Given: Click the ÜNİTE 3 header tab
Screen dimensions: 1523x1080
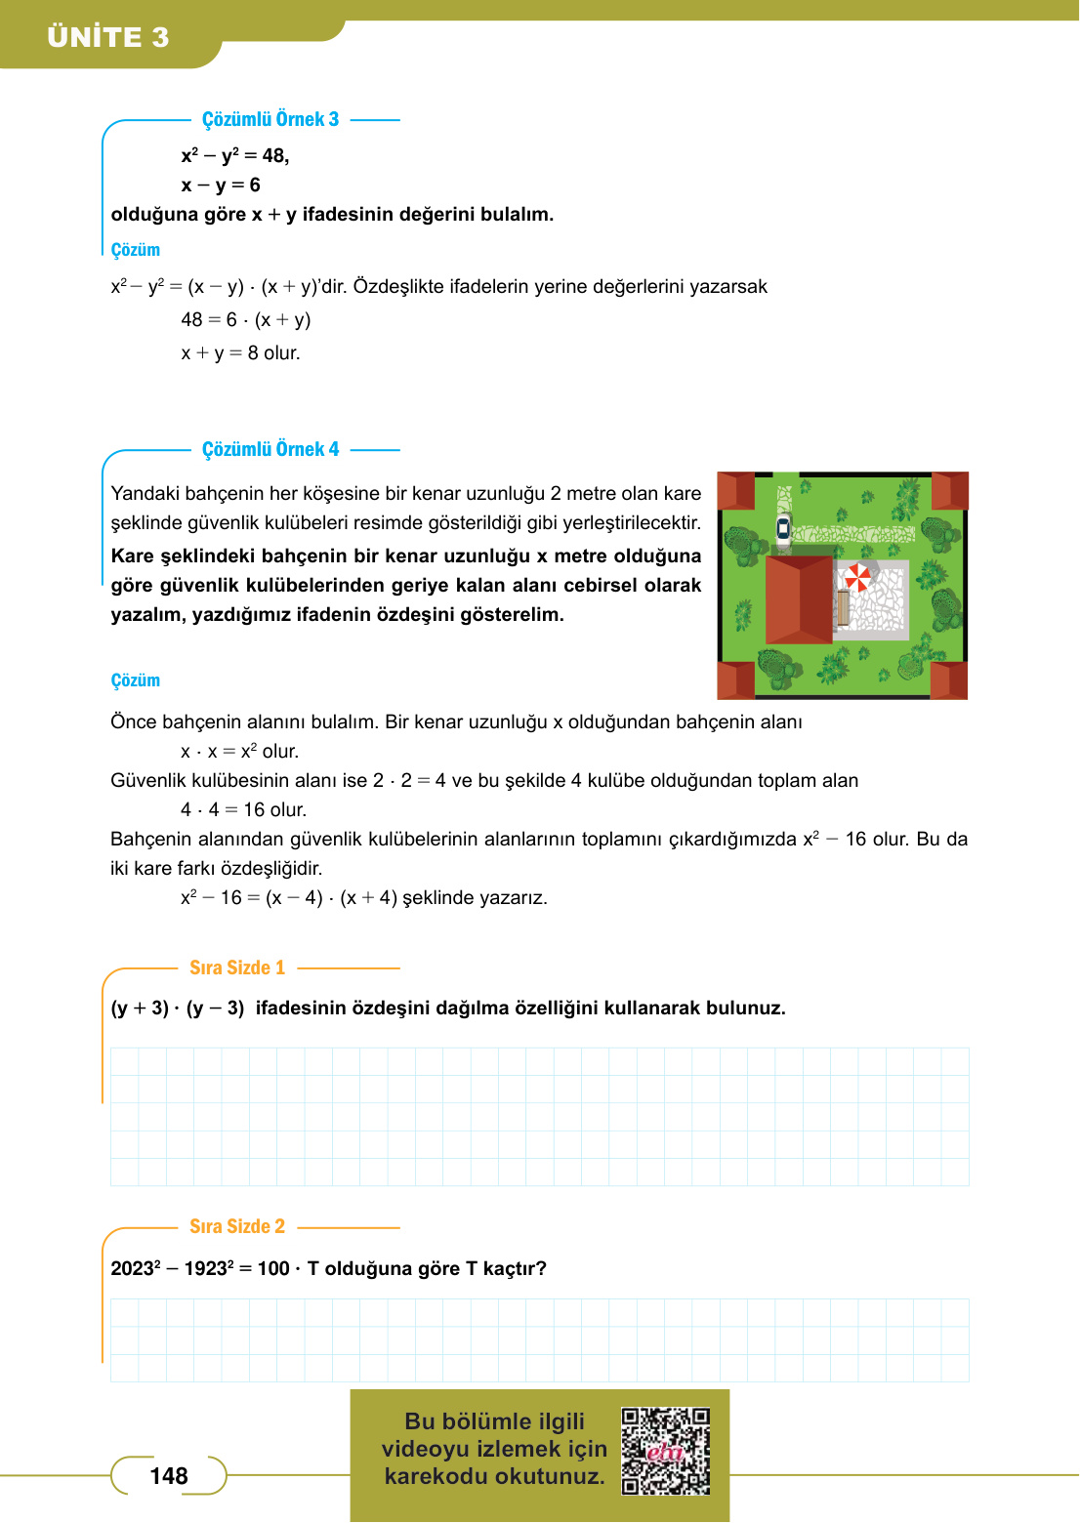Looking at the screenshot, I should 108,37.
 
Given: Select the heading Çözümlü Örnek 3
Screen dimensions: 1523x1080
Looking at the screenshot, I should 270,119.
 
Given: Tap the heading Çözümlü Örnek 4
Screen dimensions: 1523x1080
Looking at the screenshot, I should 270,449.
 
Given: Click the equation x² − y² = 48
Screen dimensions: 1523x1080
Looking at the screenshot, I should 234,156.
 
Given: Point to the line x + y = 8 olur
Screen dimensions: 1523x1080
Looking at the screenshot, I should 240,353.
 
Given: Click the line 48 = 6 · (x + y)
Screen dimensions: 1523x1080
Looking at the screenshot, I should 246,320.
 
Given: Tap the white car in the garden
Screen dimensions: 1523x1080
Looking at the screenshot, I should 783,528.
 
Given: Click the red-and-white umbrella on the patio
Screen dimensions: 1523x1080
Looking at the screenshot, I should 857,577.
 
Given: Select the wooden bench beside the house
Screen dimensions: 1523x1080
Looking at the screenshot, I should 843,607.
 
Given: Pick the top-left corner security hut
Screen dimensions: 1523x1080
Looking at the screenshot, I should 736,490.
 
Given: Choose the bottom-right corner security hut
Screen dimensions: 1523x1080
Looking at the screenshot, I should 948,680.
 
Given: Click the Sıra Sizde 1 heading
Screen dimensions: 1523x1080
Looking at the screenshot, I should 237,967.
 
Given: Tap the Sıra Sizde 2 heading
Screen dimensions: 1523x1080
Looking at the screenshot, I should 237,1226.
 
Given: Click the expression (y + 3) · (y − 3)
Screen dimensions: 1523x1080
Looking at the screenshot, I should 178,1008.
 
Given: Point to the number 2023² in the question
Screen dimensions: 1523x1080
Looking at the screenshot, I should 136,1268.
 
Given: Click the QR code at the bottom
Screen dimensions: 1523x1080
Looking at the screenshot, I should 666,1451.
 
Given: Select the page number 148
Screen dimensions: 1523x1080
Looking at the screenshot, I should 169,1476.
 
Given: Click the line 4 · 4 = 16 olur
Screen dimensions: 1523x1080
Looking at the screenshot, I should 244,810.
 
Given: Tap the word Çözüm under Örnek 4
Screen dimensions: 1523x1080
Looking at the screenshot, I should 136,680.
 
